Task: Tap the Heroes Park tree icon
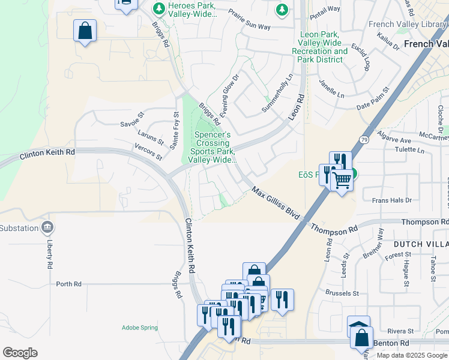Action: pos(159,8)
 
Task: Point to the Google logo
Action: pos(20,353)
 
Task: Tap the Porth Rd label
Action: pos(68,284)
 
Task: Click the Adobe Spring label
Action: pos(139,328)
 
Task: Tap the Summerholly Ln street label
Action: pos(277,93)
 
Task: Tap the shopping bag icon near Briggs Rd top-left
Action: pos(85,31)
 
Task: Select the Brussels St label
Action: pos(342,293)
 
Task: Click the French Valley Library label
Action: pos(408,24)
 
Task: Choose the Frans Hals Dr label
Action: pos(391,200)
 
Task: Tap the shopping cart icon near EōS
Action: pos(342,179)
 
